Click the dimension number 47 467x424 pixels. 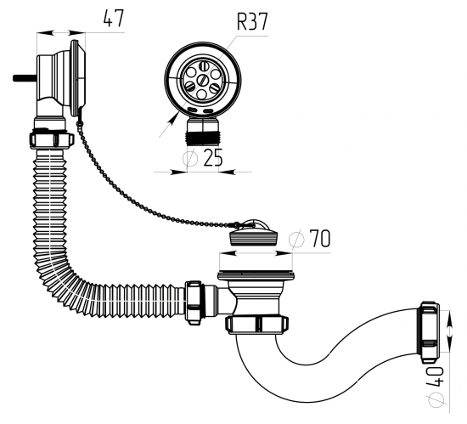click(113, 19)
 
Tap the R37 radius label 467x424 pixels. click(252, 21)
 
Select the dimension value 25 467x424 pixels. click(212, 157)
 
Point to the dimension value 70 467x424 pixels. click(320, 239)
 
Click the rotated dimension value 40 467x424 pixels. click(435, 377)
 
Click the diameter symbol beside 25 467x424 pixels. click(189, 158)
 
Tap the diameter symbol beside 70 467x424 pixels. click(296, 239)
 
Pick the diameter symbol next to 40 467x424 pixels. click(436, 399)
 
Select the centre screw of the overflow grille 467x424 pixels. click(204, 80)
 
